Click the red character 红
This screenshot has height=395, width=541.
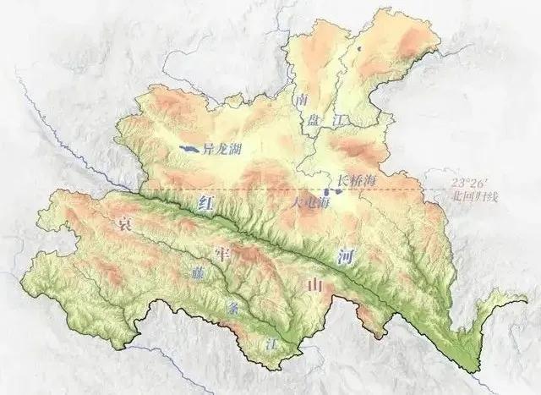pyautogui.click(x=204, y=203)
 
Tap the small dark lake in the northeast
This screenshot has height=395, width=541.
pyautogui.click(x=359, y=50)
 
